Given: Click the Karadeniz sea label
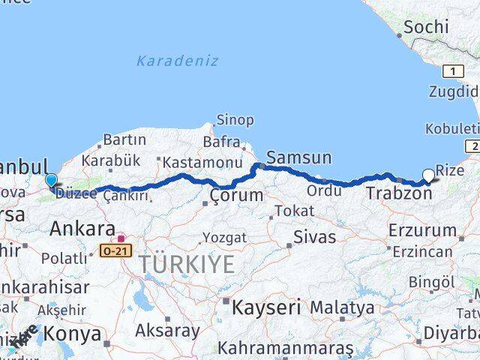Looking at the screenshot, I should pos(177,61).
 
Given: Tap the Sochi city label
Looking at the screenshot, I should pos(426,28).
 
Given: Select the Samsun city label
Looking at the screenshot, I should pos(298,157).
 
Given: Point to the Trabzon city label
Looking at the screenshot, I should pos(399,193).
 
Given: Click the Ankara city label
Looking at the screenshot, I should pos(82,229).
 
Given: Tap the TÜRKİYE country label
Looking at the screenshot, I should pos(185,264).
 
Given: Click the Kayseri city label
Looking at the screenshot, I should pos(265,307).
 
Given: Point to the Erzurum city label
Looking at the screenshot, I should pos(423,229).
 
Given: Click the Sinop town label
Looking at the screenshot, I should pos(235,120).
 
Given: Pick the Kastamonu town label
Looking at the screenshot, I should pos(202,162).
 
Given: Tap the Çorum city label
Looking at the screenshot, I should pos(236,195).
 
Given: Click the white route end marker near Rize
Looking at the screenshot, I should pos(428,175).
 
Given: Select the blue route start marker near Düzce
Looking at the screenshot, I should pos(51,181).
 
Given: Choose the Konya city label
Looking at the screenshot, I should pos(73,332).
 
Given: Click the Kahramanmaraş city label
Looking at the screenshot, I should pos(285,349).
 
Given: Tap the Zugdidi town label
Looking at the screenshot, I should pos(454,93).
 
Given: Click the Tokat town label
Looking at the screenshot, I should pos(294,211).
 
